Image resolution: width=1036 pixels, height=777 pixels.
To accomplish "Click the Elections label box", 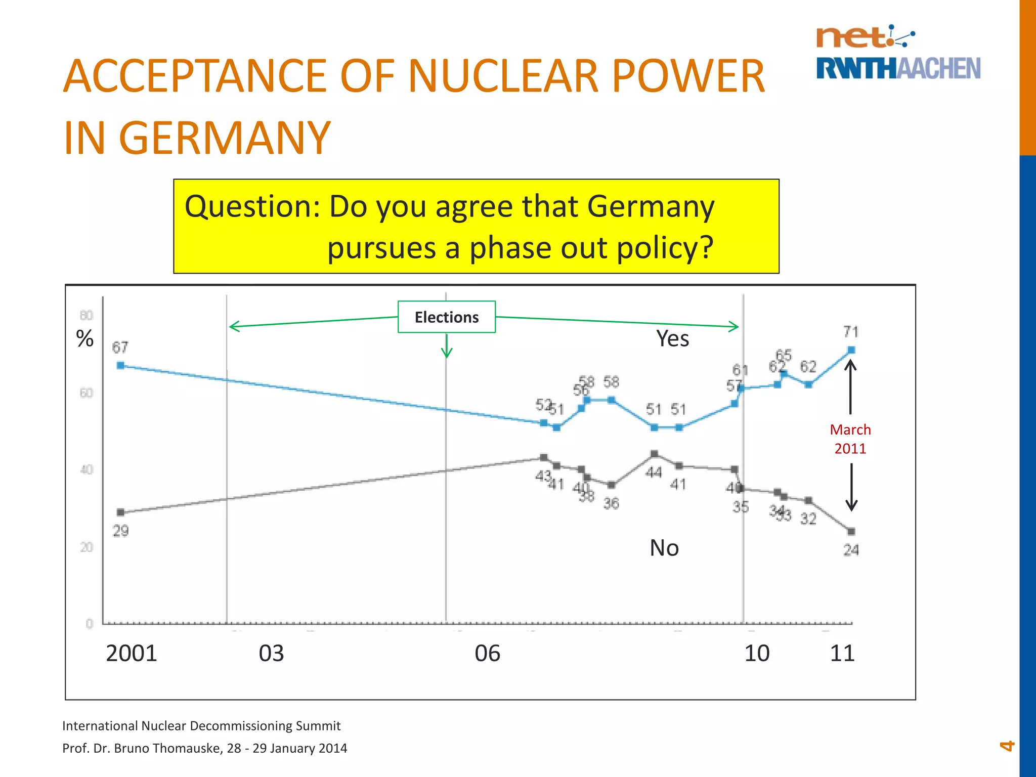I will point(446,317).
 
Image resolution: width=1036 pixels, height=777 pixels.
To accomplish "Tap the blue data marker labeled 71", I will point(851,350).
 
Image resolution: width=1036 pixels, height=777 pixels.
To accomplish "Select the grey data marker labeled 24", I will point(851,532).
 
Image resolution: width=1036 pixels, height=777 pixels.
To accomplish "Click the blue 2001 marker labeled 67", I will point(120,365).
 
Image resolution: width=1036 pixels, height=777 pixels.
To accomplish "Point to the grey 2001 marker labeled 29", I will point(120,512).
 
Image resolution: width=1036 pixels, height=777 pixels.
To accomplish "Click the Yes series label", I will point(672,338).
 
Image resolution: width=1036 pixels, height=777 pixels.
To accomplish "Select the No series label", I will point(664,548).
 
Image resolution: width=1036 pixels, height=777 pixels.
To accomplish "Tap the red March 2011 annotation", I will point(850,439).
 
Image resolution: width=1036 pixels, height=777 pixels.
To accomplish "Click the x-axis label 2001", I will point(132,653).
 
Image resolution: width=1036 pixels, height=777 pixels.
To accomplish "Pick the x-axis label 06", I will point(487,653).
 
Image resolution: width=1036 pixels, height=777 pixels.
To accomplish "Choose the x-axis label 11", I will point(842,653).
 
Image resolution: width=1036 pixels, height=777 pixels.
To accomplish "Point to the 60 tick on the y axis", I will point(87,393).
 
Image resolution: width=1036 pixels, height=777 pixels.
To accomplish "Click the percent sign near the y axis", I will point(85,338).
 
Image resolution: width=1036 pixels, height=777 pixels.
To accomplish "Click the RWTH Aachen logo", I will point(898,68).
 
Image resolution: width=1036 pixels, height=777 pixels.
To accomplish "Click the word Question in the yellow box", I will point(252,207).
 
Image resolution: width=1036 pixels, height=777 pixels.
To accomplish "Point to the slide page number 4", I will point(1007,746).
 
